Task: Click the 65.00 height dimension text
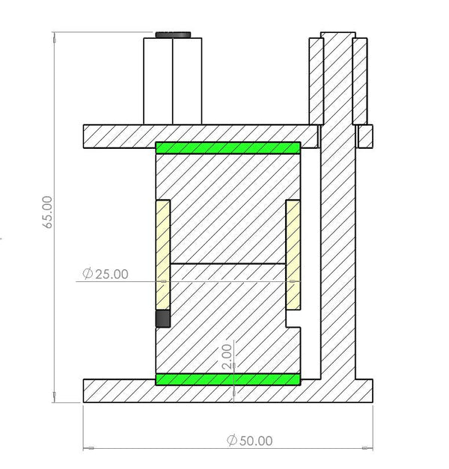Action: (x=48, y=212)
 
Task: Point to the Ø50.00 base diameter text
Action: (x=250, y=441)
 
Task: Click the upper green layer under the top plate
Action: (x=227, y=147)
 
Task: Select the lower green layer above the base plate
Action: (x=227, y=379)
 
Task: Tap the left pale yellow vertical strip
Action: (x=162, y=254)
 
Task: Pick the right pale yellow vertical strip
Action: (x=293, y=254)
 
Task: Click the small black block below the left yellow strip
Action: (x=162, y=319)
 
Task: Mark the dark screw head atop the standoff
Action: (x=173, y=34)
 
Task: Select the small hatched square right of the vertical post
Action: (x=366, y=136)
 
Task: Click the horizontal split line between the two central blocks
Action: (x=227, y=263)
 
